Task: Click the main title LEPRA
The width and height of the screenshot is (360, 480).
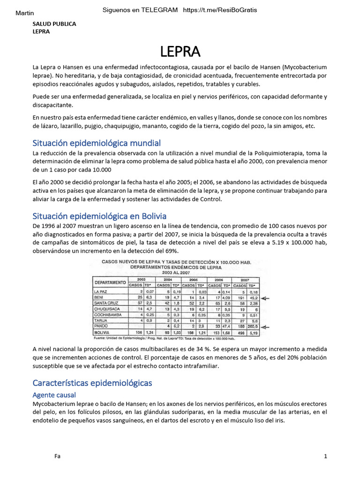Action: tap(180, 51)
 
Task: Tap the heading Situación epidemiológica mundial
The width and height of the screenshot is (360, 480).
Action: tap(97, 142)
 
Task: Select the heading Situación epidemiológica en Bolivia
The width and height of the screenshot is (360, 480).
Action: tap(99, 216)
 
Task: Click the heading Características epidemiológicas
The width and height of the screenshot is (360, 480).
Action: tap(92, 383)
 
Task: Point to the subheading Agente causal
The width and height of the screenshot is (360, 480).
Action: tap(54, 395)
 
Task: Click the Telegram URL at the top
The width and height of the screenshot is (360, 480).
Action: tap(220, 10)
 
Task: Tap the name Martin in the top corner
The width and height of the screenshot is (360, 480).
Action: tap(24, 13)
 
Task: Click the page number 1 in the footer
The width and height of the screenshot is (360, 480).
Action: tap(325, 456)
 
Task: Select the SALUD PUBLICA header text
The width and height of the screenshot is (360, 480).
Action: tap(54, 23)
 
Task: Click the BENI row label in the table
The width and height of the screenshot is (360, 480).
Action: tap(100, 297)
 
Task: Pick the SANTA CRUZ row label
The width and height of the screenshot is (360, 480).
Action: tap(106, 303)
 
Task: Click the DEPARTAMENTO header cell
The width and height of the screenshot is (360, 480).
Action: tap(110, 283)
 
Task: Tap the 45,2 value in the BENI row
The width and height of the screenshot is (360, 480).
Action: tap(254, 297)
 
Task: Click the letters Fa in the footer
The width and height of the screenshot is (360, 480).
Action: tap(57, 456)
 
